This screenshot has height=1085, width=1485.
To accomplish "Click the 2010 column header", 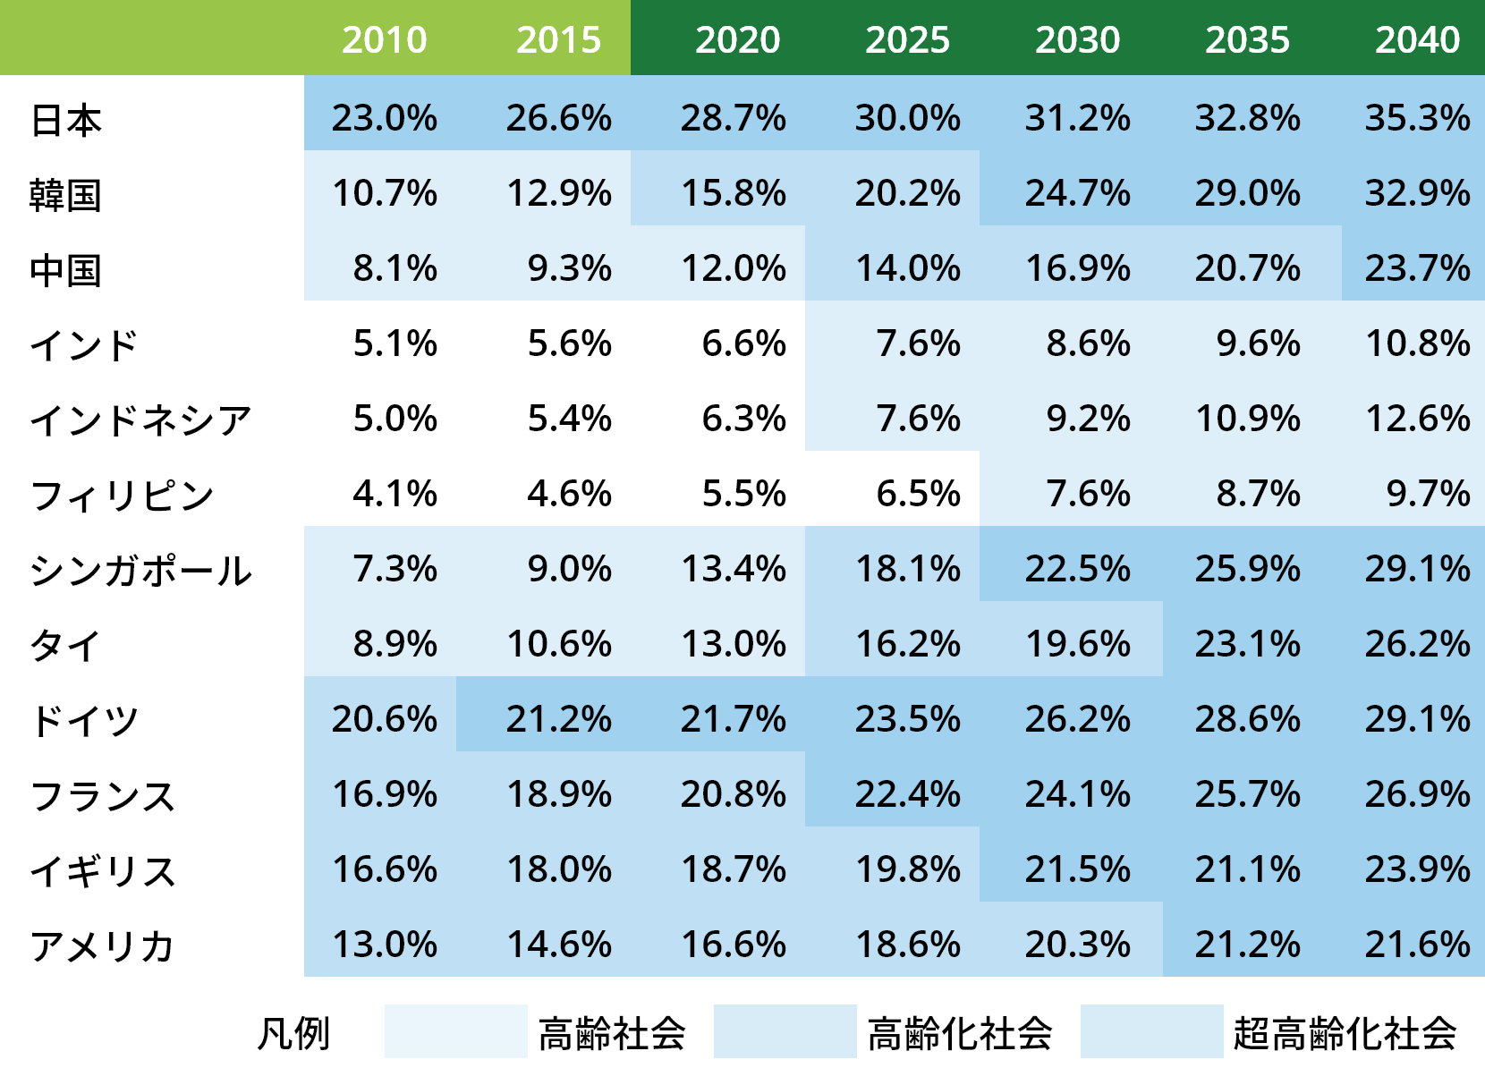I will [x=384, y=40].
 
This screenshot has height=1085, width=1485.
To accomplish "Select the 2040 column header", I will [x=1417, y=40].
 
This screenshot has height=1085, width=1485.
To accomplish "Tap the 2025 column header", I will [x=907, y=40].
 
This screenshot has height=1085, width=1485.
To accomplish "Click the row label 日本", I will [x=66, y=120].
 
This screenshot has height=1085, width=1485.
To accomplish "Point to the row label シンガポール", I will [x=140, y=571].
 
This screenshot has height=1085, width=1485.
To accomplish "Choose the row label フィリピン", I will [x=122, y=496].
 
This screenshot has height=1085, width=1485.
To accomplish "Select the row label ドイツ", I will [x=84, y=720].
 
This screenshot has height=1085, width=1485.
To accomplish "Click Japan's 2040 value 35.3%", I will [x=1417, y=118].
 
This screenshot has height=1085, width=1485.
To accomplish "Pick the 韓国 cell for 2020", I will [x=734, y=193].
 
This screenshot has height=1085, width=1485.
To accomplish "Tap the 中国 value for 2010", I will [x=395, y=268].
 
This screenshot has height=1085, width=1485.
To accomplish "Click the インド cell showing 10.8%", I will [x=1417, y=343].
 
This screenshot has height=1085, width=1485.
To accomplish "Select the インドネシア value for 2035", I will [x=1247, y=419].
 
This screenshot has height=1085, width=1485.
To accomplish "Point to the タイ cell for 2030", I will [x=1077, y=644].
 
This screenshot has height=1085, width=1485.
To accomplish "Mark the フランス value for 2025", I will [x=907, y=794].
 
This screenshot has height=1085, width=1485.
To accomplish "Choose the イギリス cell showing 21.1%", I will [x=1247, y=869].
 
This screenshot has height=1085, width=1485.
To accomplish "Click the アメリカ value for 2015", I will [x=559, y=945].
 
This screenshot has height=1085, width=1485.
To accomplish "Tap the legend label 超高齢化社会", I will [x=1344, y=1033].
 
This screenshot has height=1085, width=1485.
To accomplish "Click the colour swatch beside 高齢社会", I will [x=455, y=1031].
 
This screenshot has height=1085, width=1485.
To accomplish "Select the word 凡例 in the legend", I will [x=293, y=1034].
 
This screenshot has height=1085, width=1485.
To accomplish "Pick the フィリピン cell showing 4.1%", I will [x=395, y=494].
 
